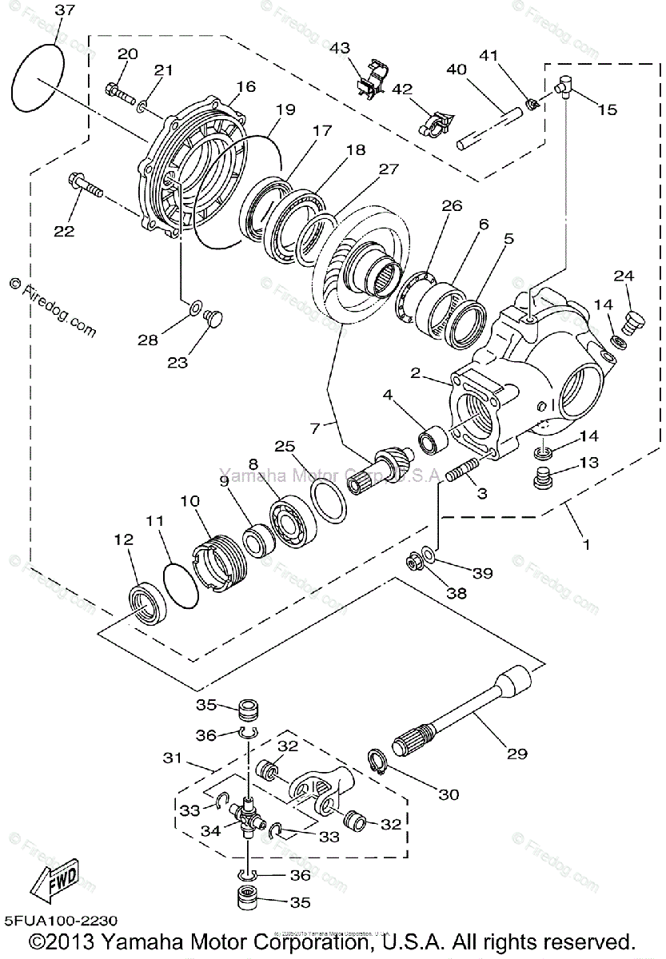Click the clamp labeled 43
pyautogui.click(x=369, y=78)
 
